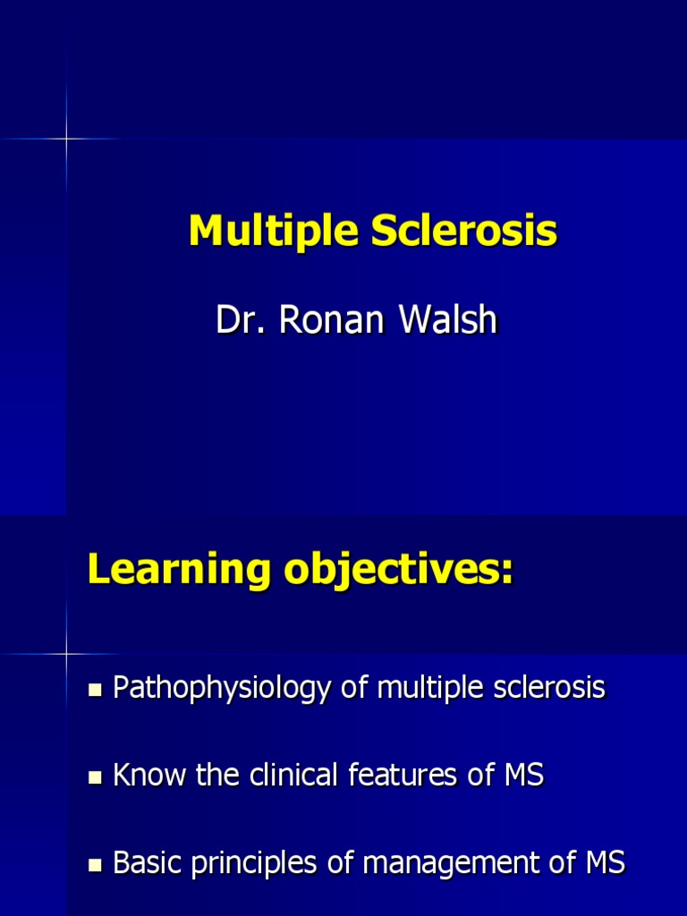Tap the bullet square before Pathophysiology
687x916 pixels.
click(97, 691)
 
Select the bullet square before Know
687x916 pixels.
click(97, 778)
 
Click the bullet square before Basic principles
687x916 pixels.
click(97, 866)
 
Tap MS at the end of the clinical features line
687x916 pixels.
click(522, 776)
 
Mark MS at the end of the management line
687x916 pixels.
click(603, 863)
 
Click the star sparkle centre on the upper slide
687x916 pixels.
click(66, 139)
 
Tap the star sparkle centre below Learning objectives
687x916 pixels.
click(66, 654)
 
